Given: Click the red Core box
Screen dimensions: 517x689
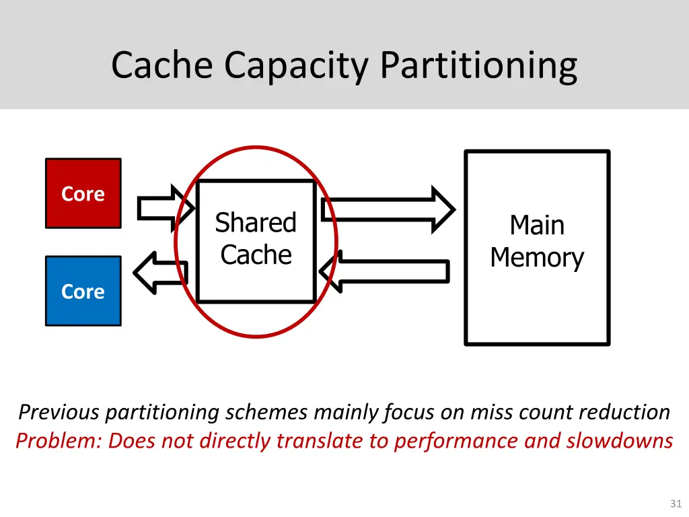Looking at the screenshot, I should coord(83,193).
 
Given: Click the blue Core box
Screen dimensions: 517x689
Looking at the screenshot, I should coord(83,291).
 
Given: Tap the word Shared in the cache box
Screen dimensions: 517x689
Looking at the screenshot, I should coord(256,223).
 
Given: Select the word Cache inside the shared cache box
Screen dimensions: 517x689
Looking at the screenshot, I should coord(256,255).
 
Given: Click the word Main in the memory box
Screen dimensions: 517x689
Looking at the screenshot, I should coord(536,225).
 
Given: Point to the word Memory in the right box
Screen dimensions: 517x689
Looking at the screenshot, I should coord(536,258).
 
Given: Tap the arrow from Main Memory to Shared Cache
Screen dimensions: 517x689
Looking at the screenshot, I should coord(384,271).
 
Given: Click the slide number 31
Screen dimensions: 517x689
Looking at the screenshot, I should coord(676,504).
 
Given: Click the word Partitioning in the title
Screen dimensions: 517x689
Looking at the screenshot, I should coord(478,65).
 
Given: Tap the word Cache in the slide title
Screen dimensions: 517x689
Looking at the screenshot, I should coord(164,65).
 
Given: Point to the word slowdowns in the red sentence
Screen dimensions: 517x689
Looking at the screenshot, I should coord(619,441).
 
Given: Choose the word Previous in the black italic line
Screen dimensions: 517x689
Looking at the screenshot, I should coord(59,411).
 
